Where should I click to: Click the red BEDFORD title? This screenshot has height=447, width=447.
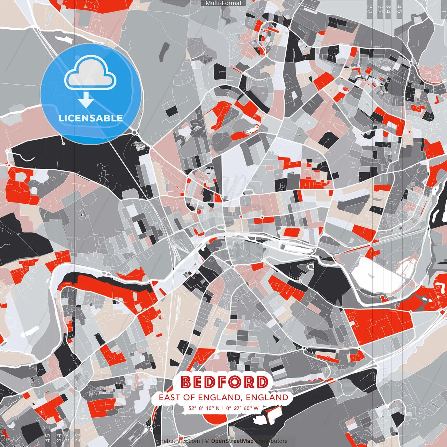(224, 382)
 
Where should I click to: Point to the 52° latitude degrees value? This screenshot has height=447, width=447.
(192, 408)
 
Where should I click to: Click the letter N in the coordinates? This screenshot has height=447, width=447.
(218, 408)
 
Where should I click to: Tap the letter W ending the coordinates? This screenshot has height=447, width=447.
(256, 408)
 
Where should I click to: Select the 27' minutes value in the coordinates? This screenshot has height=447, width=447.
(237, 408)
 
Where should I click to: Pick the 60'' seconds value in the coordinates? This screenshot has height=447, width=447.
(247, 408)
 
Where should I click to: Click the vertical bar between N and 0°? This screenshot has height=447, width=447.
(222, 408)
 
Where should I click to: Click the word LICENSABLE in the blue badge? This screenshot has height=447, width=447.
(91, 118)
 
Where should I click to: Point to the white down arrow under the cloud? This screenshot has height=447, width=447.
(86, 101)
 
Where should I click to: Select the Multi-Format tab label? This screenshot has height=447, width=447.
(223, 3)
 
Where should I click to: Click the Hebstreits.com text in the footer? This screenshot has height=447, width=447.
(180, 441)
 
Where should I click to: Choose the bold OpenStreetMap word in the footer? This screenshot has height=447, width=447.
(232, 441)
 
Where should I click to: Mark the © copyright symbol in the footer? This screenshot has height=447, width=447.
(207, 441)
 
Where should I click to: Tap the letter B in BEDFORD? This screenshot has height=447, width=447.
(187, 382)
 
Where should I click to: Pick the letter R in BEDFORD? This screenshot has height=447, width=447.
(249, 382)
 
